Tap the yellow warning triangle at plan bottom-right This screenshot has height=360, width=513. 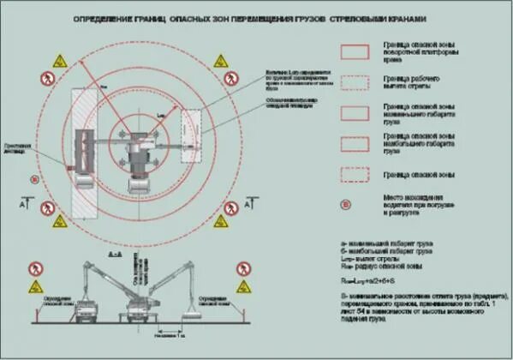[x=220, y=221]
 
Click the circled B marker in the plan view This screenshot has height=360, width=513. [x=33, y=179]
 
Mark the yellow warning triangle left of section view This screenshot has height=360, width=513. [x=36, y=286]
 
